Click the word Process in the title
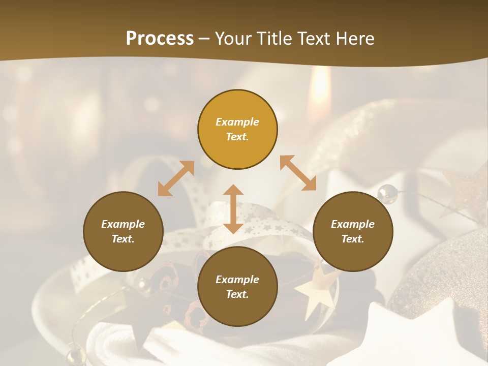pyautogui.click(x=160, y=39)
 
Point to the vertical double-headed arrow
pyautogui.click(x=233, y=209)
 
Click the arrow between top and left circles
pyautogui.click(x=176, y=178)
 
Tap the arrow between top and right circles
pyautogui.click(x=298, y=173)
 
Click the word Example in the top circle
pyautogui.click(x=237, y=122)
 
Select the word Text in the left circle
pyautogui.click(x=123, y=239)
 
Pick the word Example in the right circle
pyautogui.click(x=353, y=224)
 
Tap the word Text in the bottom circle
pyautogui.click(x=237, y=294)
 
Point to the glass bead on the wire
pyautogui.click(x=387, y=193)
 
